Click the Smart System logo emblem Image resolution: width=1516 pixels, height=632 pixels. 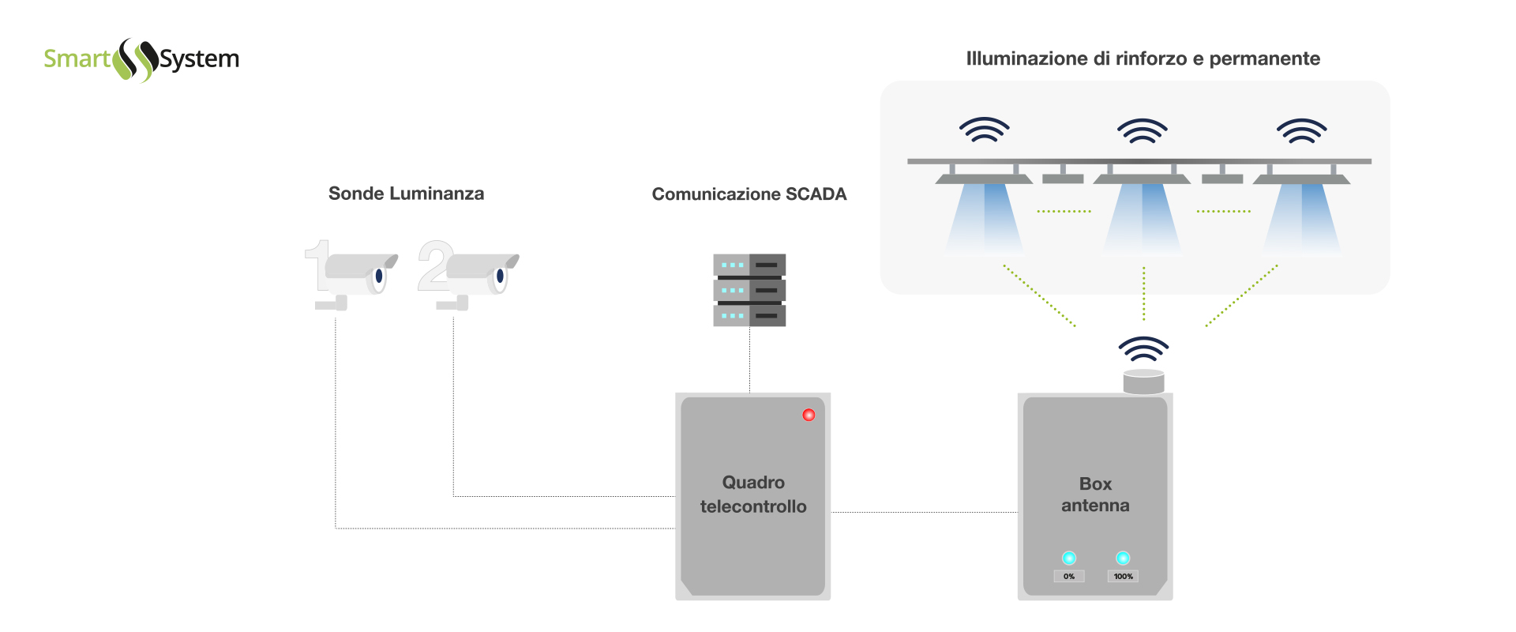click(136, 59)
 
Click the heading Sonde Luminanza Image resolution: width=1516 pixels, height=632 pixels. click(406, 194)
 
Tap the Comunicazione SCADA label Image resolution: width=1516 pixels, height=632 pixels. click(749, 194)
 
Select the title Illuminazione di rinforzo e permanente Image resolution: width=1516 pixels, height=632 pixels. click(1143, 58)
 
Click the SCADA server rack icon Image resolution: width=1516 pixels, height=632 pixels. click(749, 290)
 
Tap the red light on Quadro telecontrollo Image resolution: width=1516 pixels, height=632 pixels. click(809, 415)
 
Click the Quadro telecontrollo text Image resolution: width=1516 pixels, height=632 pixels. click(753, 495)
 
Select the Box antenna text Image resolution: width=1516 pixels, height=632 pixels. click(1095, 495)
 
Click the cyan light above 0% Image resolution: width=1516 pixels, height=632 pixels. click(1069, 559)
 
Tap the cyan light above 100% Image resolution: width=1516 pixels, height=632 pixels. click(1123, 559)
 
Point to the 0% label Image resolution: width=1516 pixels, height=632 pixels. click(1069, 577)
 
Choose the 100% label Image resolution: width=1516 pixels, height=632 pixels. click(1123, 577)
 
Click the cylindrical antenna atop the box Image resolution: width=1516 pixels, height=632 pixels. click(1143, 382)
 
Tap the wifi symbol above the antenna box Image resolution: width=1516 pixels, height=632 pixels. click(1143, 348)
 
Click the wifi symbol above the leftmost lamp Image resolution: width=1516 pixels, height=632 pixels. click(985, 130)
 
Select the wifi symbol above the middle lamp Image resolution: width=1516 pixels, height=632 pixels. click(1143, 130)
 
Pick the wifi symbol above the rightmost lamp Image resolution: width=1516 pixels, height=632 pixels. click(1302, 130)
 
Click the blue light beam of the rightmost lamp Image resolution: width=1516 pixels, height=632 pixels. click(1302, 217)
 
